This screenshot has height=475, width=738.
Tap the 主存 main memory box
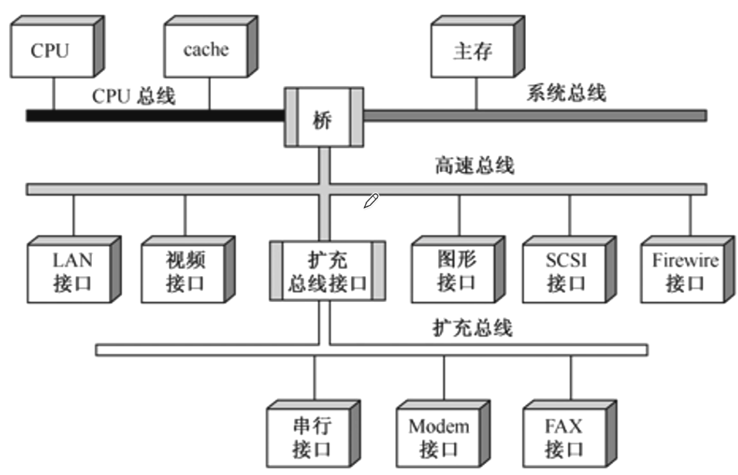point(472,51)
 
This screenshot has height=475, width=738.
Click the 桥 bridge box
point(324,117)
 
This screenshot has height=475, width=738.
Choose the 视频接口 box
point(184,271)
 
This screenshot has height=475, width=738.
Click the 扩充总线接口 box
point(326,271)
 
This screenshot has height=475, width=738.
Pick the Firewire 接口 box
point(684,271)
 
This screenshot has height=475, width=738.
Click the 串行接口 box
point(311,437)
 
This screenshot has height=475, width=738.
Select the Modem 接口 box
point(439,437)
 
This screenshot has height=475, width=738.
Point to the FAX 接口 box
point(565,437)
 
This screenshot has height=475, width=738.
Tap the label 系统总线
point(566,93)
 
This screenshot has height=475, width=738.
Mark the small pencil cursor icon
point(371,201)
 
